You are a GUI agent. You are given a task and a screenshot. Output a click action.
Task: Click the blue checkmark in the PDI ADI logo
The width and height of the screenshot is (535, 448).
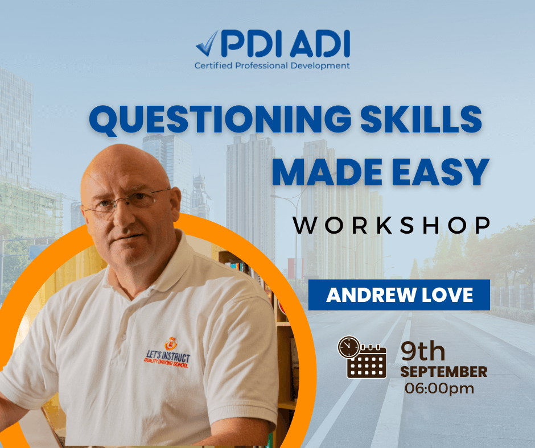point(207,44)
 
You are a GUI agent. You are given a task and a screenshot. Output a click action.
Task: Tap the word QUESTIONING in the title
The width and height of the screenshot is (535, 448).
point(220,119)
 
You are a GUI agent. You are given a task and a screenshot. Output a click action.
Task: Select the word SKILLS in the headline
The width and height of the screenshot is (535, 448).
point(421,119)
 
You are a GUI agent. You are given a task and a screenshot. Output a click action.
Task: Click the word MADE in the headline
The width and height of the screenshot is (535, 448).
point(327,172)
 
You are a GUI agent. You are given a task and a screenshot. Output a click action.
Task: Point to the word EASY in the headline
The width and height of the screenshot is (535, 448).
point(441,172)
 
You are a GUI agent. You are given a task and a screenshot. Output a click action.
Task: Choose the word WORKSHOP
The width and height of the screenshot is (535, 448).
point(392,225)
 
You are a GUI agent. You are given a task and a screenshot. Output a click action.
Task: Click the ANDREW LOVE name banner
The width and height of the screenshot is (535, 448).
point(399,295)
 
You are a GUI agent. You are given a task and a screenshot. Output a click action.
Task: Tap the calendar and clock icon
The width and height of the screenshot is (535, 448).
point(362,357)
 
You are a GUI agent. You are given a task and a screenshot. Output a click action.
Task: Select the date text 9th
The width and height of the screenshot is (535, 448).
point(423,351)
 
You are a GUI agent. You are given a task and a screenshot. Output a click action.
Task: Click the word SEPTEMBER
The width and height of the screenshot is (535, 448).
point(443,372)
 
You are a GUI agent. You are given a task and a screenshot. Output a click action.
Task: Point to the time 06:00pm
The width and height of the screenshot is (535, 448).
point(439,388)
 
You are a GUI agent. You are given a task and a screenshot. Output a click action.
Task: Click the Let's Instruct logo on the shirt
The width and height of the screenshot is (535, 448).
point(167,354)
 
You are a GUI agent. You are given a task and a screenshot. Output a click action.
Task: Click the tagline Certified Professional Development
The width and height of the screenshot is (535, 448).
point(272,65)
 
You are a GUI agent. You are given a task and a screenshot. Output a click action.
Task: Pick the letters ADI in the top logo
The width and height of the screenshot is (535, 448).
point(320,44)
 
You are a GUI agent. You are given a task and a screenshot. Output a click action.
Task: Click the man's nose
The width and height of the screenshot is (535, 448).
point(120,217)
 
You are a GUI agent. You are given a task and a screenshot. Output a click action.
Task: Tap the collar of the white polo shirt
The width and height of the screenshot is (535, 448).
point(154,269)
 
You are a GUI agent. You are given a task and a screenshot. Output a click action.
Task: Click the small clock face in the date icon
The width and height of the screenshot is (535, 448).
point(349,347)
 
